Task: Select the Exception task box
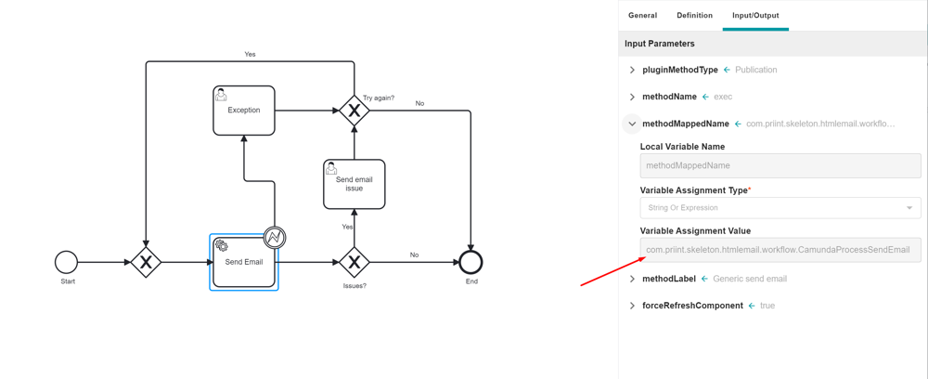click(244, 111)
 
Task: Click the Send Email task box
click(244, 262)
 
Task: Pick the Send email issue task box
click(354, 184)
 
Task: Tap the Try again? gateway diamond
click(354, 111)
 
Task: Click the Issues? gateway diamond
click(354, 262)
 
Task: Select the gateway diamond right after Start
click(146, 262)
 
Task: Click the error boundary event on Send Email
click(275, 238)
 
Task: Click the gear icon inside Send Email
click(222, 245)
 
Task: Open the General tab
click(643, 16)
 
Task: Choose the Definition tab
click(695, 16)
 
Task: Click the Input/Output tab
click(755, 16)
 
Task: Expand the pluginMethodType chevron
click(632, 70)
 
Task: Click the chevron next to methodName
click(632, 97)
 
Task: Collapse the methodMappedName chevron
click(632, 124)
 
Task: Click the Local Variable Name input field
click(780, 165)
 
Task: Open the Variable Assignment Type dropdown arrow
click(909, 208)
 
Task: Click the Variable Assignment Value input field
click(780, 249)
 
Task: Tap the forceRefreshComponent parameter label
click(692, 306)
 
